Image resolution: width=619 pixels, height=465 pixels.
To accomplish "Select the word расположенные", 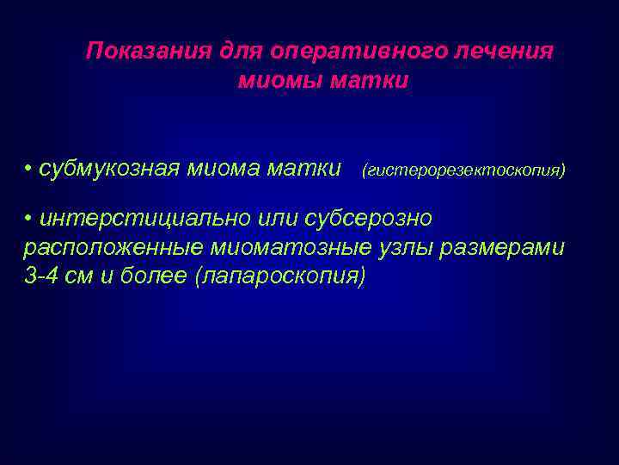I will click(x=112, y=248).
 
